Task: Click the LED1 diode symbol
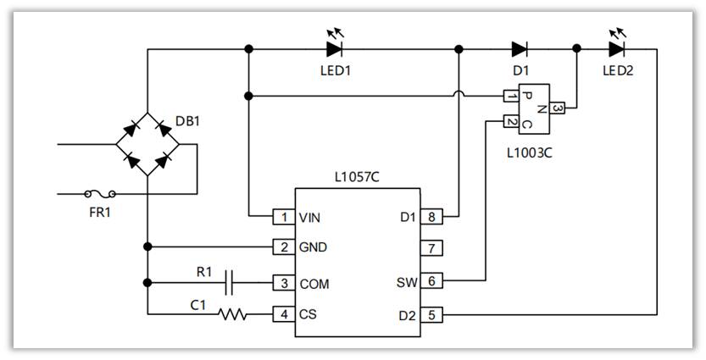[334, 49]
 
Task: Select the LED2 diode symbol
[616, 49]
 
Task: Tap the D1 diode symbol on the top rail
[520, 49]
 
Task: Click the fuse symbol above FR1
[101, 193]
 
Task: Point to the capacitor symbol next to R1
[230, 283]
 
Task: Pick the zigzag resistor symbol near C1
[232, 314]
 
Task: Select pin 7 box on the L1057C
[431, 248]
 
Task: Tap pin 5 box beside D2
[431, 314]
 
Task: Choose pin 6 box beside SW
[431, 281]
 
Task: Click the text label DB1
[188, 120]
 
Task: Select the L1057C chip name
[357, 178]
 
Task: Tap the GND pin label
[313, 248]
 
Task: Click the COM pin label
[314, 283]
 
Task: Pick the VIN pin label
[310, 217]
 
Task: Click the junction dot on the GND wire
[147, 247]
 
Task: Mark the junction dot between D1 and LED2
[577, 49]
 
